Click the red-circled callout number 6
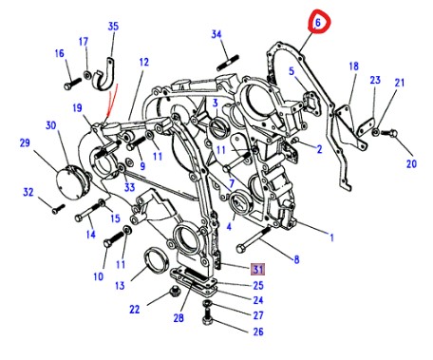tap(318, 22)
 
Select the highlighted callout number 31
tap(258, 270)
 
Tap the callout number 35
tap(113, 26)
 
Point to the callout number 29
tap(25, 142)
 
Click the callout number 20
tap(411, 163)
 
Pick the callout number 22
tap(134, 309)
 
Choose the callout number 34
tap(216, 34)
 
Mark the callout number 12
tap(143, 62)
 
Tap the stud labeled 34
tap(228, 63)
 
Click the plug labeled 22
tap(173, 292)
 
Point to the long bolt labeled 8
tap(254, 239)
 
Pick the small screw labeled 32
tap(58, 209)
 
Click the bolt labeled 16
tap(73, 84)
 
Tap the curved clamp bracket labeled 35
tap(104, 74)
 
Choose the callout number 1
tap(331, 237)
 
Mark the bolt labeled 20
tap(389, 133)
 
